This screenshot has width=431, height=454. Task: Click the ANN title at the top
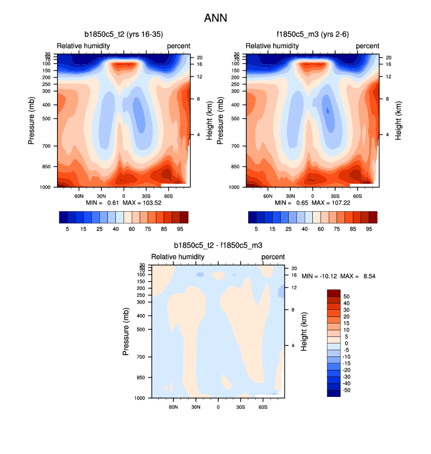[x=215, y=18]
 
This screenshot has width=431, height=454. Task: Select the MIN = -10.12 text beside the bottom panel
[x=320, y=276]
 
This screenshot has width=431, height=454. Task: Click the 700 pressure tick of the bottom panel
[x=141, y=357]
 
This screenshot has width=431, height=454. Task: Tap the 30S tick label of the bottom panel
[x=240, y=406]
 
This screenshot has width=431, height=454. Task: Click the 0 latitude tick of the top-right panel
[x=312, y=195]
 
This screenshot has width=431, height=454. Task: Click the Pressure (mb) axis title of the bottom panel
[x=126, y=331]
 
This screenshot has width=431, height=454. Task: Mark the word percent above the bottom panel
[x=273, y=257]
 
